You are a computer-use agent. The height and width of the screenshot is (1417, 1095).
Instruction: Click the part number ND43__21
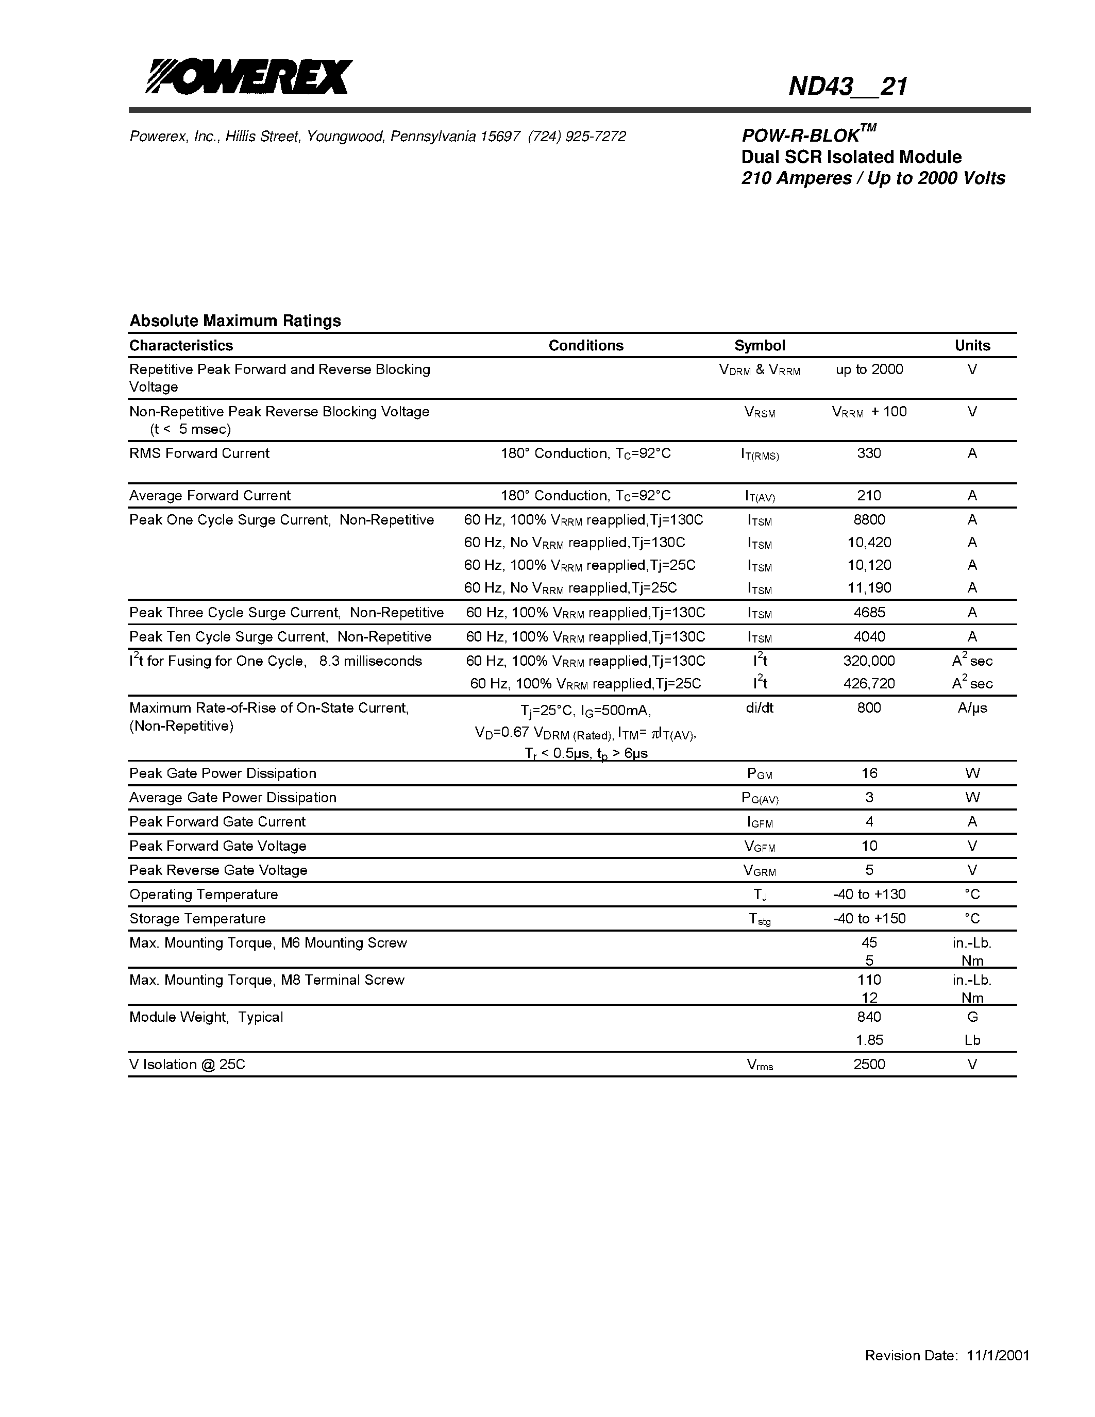click(847, 86)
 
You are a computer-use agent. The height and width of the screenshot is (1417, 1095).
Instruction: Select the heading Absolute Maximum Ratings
click(235, 320)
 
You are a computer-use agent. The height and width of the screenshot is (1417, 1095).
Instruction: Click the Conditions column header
click(585, 345)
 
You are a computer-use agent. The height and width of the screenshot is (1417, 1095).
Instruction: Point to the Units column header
click(972, 345)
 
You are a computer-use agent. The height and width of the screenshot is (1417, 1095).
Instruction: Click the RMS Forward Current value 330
click(869, 453)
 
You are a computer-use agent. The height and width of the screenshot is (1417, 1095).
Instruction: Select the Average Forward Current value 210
click(869, 495)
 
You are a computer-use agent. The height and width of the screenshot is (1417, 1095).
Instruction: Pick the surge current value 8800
click(869, 520)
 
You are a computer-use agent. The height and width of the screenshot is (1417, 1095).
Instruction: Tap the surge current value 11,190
click(869, 588)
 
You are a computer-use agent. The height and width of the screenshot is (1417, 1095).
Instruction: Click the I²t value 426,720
click(869, 683)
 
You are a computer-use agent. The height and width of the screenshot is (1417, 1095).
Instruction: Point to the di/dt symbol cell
click(759, 708)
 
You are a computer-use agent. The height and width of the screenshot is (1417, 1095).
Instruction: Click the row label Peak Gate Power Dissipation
click(223, 773)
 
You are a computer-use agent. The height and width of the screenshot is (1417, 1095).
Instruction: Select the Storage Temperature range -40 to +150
click(869, 919)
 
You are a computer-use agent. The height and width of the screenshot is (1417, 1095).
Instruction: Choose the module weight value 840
click(869, 1017)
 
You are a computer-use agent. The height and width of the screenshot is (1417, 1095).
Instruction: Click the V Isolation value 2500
click(869, 1064)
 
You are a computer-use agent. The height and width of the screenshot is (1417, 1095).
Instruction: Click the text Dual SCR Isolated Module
click(851, 157)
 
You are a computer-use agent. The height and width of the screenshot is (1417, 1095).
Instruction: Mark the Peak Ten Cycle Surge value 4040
click(869, 636)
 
